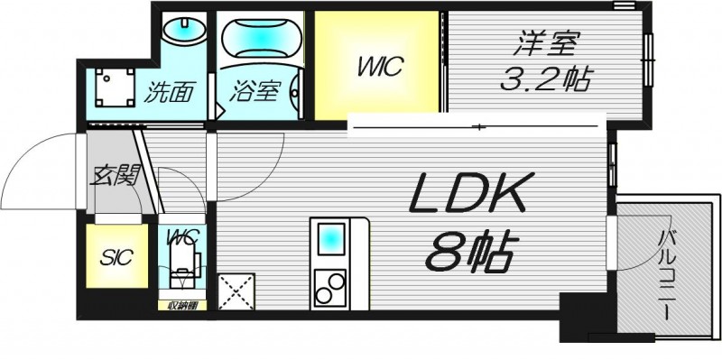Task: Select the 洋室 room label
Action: click(x=544, y=44)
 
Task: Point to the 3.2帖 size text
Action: click(x=545, y=80)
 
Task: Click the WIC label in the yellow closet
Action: click(x=377, y=67)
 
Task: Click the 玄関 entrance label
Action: click(x=113, y=175)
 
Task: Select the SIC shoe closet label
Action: click(x=115, y=257)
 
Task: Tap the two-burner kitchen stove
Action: click(x=330, y=288)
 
